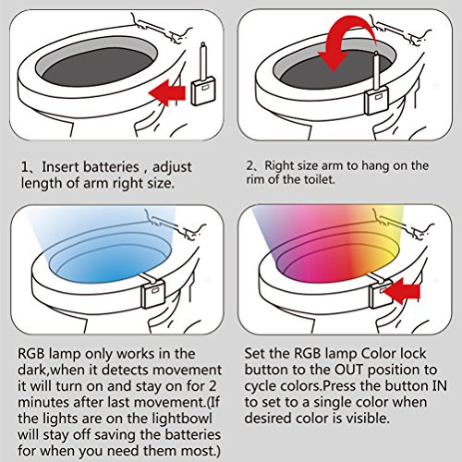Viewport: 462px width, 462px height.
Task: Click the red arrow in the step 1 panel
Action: click(168, 92)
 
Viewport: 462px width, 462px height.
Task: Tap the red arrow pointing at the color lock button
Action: click(402, 291)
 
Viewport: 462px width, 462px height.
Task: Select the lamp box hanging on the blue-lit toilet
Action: click(153, 294)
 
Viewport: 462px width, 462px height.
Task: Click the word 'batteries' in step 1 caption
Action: click(111, 167)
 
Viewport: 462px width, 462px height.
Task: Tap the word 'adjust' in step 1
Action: click(173, 168)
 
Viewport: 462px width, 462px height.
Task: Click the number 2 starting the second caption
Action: click(249, 165)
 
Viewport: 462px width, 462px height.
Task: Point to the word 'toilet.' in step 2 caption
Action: click(319, 179)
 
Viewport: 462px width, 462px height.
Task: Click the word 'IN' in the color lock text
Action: click(440, 386)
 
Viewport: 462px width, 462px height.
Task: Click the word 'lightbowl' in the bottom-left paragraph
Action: click(182, 419)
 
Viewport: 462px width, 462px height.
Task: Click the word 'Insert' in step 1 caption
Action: click(60, 167)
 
